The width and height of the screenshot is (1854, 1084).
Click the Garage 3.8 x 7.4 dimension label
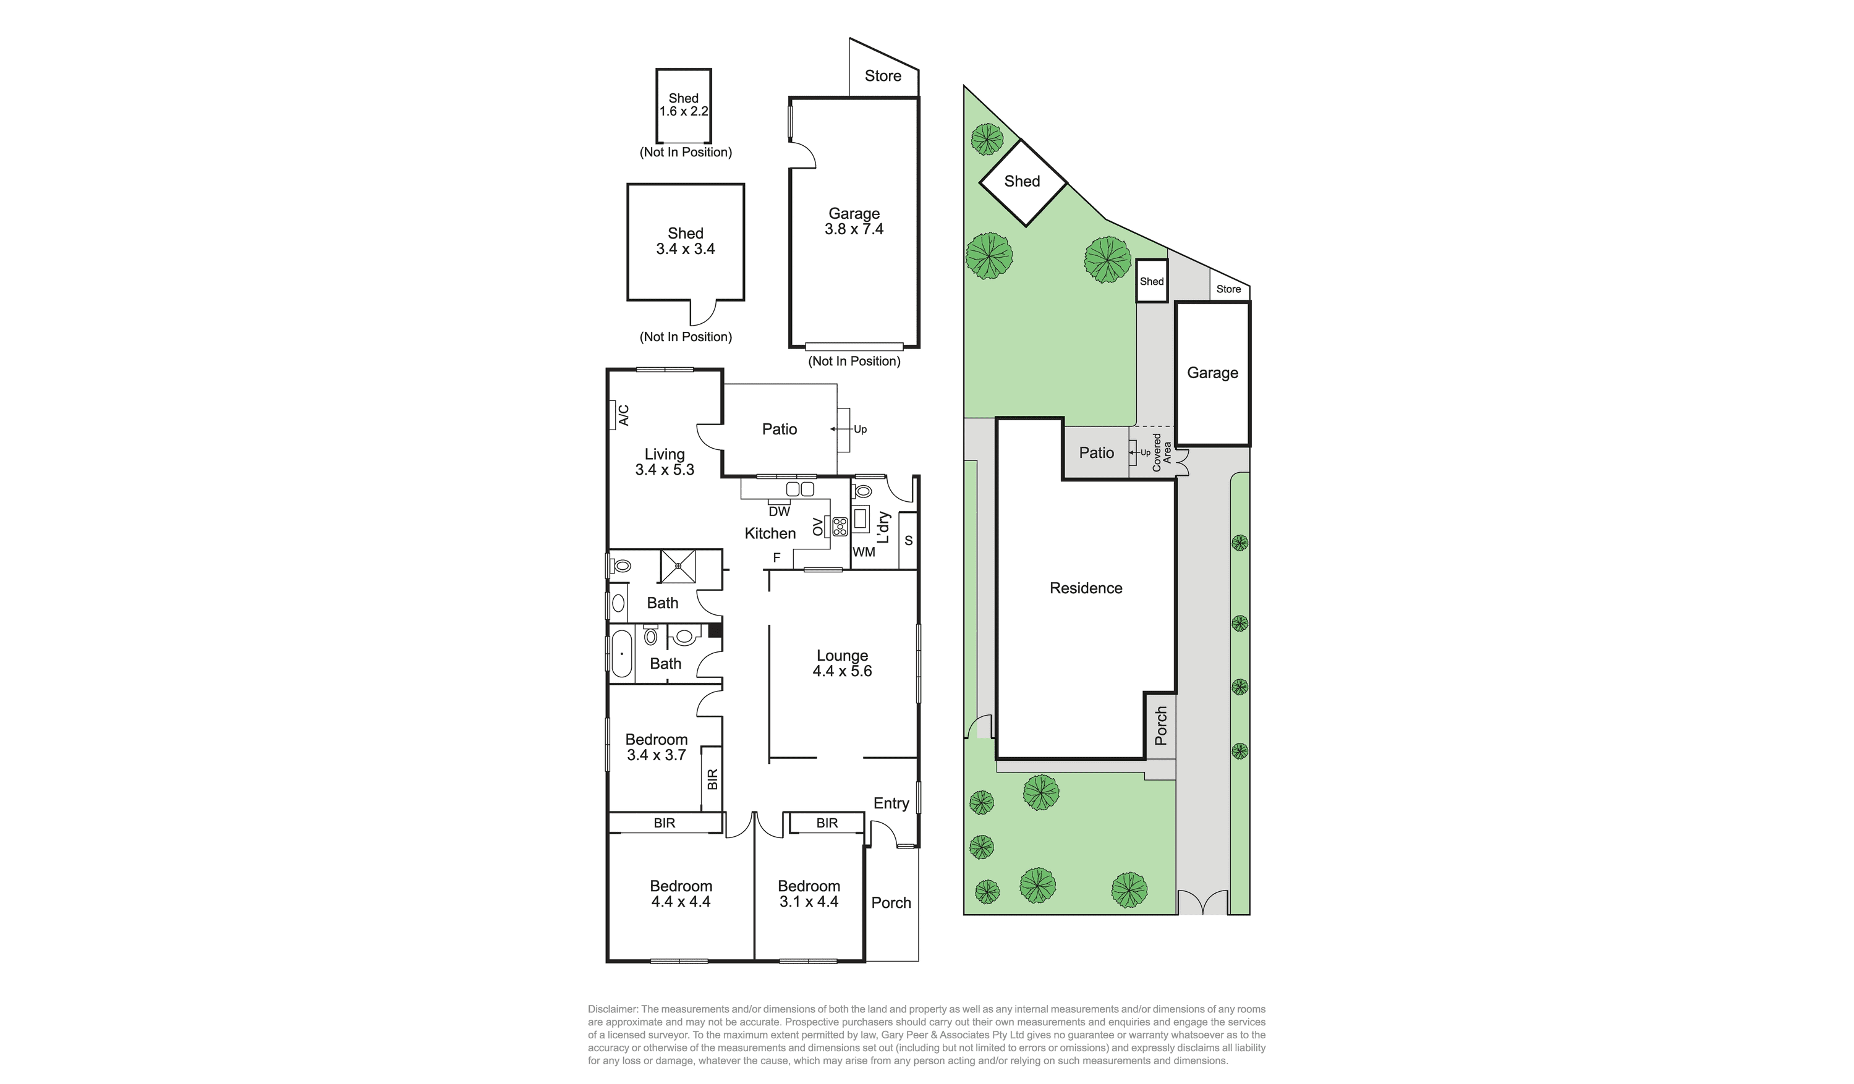coord(854,221)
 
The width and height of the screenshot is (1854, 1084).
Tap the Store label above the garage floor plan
coord(883,76)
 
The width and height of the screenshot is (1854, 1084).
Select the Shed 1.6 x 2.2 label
coord(684,104)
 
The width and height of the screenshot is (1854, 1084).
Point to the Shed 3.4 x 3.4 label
coord(686,241)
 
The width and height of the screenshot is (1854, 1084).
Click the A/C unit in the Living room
coord(612,415)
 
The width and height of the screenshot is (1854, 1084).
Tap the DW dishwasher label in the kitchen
coord(779,511)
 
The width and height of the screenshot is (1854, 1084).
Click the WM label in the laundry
coord(864,551)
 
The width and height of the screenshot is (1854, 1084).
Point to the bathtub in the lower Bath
coord(622,653)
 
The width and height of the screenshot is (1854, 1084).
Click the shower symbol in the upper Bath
coord(678,566)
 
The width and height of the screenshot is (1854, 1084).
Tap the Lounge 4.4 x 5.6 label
coord(843,663)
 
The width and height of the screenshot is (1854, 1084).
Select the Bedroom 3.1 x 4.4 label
coord(809,894)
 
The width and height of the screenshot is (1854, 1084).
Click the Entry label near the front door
coord(891,803)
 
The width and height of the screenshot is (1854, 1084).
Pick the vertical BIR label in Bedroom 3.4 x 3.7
coord(712,779)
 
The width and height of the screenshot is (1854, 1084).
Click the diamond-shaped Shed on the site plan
coord(1023,182)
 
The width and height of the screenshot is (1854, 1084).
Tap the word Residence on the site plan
coord(1086,588)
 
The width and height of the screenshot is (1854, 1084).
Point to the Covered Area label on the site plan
coord(1162,452)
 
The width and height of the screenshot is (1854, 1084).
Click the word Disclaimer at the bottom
coord(613,1009)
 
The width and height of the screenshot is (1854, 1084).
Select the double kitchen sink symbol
coord(800,489)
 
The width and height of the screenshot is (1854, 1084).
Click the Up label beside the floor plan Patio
coord(860,430)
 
